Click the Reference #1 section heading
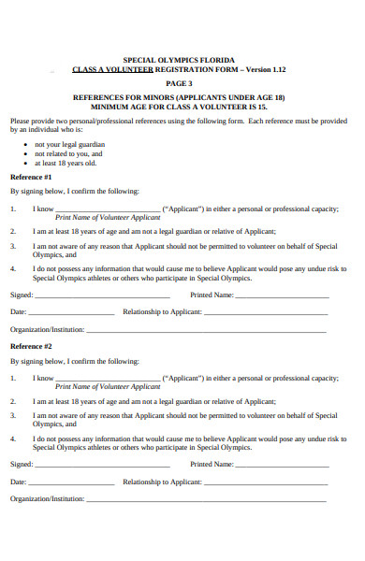(x=31, y=176)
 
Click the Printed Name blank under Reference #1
(x=282, y=295)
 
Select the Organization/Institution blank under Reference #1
(x=206, y=330)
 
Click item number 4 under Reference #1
(x=13, y=269)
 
